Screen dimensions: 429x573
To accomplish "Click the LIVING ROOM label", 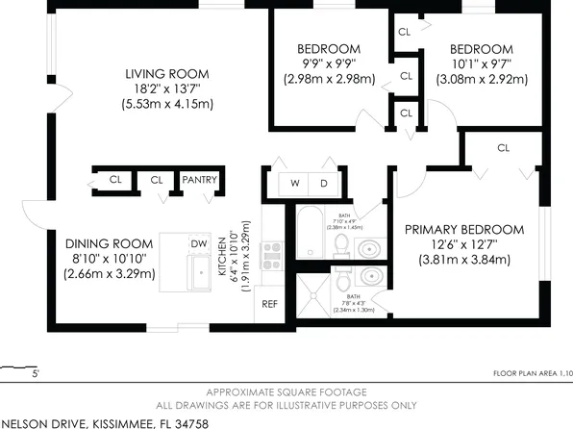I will (x=166, y=73).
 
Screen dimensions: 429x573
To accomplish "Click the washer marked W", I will (x=294, y=183).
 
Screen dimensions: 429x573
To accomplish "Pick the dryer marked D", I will (x=323, y=183).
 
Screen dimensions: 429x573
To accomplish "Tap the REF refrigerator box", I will (x=270, y=303).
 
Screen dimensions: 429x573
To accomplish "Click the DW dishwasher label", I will (x=198, y=244).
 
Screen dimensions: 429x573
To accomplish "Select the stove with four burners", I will (x=272, y=254).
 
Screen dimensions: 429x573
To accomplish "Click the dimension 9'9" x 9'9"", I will (x=328, y=64).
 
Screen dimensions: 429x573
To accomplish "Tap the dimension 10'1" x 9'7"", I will (x=482, y=64).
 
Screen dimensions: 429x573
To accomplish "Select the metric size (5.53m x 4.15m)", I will (x=166, y=104).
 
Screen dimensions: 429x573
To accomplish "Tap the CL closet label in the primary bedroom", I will (x=503, y=147).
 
